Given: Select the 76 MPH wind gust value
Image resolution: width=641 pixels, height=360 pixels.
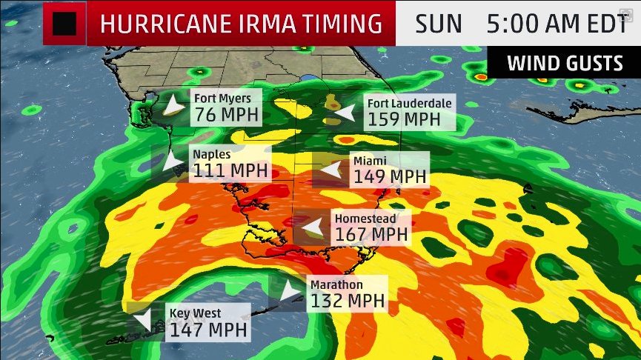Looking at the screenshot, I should point(226,115).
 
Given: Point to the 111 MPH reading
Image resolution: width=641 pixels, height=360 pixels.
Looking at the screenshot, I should point(230,171).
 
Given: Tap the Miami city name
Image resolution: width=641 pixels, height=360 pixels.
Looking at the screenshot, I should point(369,161).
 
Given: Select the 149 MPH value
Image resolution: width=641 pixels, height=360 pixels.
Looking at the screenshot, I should point(390,177).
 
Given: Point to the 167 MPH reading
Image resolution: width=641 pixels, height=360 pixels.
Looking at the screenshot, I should point(371,235).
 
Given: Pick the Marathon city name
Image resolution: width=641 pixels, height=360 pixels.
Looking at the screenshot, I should point(336,284).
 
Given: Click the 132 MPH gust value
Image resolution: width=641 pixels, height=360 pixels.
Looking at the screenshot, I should point(348,301).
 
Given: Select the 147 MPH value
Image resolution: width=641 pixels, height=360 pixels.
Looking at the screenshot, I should point(207,330).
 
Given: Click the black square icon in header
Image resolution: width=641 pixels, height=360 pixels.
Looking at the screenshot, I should point(65,23).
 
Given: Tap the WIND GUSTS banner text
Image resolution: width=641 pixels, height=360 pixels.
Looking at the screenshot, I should point(565,64).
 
